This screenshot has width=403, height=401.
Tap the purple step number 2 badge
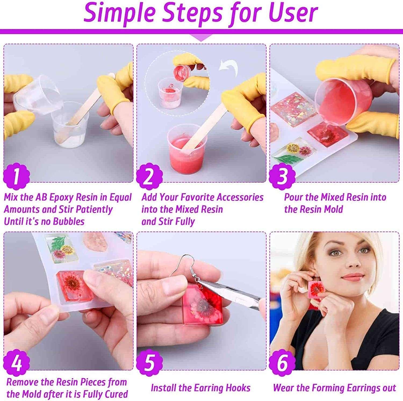coord(149,176)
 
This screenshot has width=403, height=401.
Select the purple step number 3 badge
coord(282,176)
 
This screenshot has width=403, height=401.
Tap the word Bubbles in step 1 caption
coord(69,221)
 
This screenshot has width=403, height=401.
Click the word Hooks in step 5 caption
coord(238,388)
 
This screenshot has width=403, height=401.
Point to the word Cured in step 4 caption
coord(116,394)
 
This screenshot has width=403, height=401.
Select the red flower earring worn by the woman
coord(317,290)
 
